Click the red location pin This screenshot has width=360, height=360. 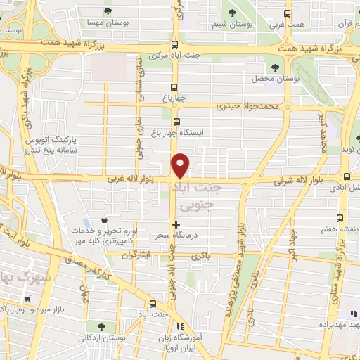pos(181,165)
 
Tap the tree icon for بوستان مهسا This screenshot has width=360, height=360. pos(107,11)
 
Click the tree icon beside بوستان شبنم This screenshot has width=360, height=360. pos(233,12)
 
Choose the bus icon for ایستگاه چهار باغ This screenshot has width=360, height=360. pos(176,121)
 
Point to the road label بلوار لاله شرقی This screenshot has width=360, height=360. pos(300,181)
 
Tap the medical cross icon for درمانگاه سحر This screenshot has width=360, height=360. pos(176,224)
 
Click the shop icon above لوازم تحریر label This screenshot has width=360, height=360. pos(105,219)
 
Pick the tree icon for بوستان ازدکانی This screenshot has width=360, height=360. pos(103,326)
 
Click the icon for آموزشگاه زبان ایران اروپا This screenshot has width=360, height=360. pos(181,326)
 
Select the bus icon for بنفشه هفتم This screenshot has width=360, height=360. pos(340,218)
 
